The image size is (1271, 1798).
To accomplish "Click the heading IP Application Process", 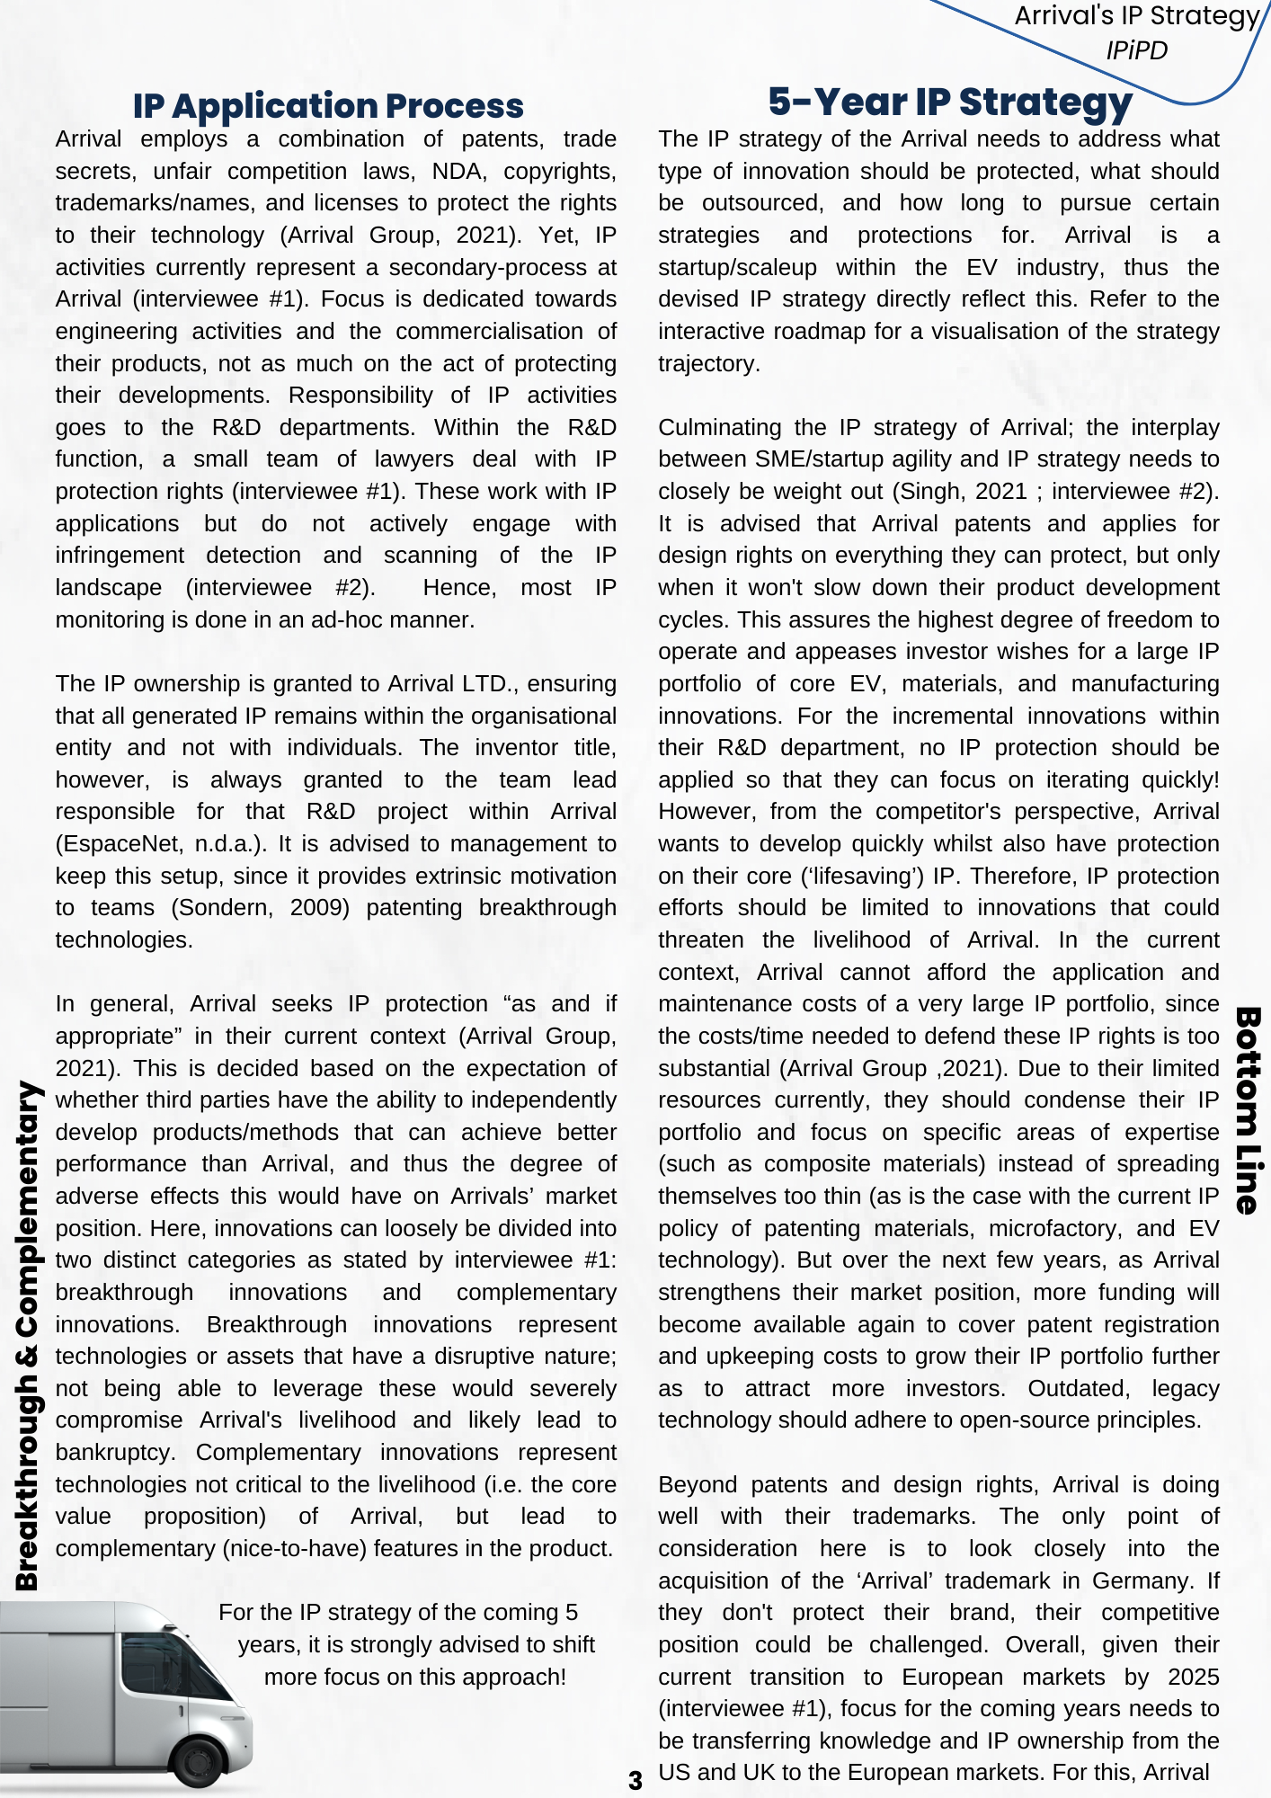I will click(x=328, y=106).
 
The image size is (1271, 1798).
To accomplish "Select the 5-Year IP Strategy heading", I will click(x=949, y=102).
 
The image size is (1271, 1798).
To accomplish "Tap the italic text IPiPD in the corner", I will click(x=1136, y=50).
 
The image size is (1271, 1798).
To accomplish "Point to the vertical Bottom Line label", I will click(x=1247, y=1110).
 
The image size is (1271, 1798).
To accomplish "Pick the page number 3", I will click(x=635, y=1780).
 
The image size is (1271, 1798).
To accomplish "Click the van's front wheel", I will click(x=199, y=1762).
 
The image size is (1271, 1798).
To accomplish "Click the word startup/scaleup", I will click(x=737, y=268).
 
